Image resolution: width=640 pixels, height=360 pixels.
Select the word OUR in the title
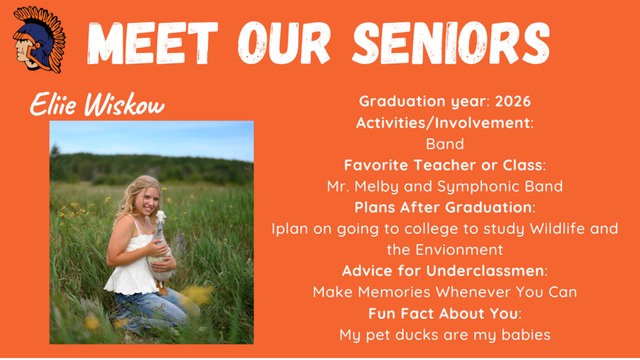point(285,44)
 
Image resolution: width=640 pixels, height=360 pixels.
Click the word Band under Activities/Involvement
point(444,144)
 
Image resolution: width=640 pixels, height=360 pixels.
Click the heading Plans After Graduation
point(444,207)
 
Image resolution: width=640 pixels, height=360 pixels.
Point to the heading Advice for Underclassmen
point(444,271)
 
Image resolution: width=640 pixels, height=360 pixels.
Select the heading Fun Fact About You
point(444,313)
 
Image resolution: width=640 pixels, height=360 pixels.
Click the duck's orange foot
point(162,290)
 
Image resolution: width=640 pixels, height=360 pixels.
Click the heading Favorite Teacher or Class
point(444,165)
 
